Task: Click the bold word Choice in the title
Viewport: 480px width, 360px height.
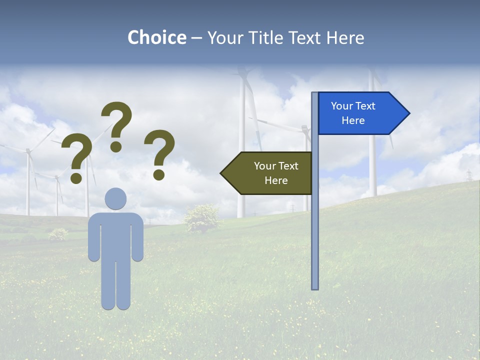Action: pyautogui.click(x=156, y=37)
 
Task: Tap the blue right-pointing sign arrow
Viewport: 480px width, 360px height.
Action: pyautogui.click(x=362, y=113)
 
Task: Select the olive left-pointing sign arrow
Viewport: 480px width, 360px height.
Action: pyautogui.click(x=267, y=173)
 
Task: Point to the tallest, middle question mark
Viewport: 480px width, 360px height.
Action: pyautogui.click(x=117, y=122)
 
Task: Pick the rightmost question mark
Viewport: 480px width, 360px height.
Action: pyautogui.click(x=159, y=152)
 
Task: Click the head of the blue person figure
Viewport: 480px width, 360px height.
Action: pyautogui.click(x=115, y=198)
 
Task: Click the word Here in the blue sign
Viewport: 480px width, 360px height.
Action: pyautogui.click(x=353, y=120)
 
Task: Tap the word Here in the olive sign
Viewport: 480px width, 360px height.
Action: pyautogui.click(x=276, y=180)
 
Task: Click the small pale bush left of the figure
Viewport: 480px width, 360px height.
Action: pyautogui.click(x=58, y=233)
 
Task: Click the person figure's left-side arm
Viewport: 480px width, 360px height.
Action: pyautogui.click(x=93, y=240)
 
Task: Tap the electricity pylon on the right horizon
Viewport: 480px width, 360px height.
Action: pyautogui.click(x=469, y=175)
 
